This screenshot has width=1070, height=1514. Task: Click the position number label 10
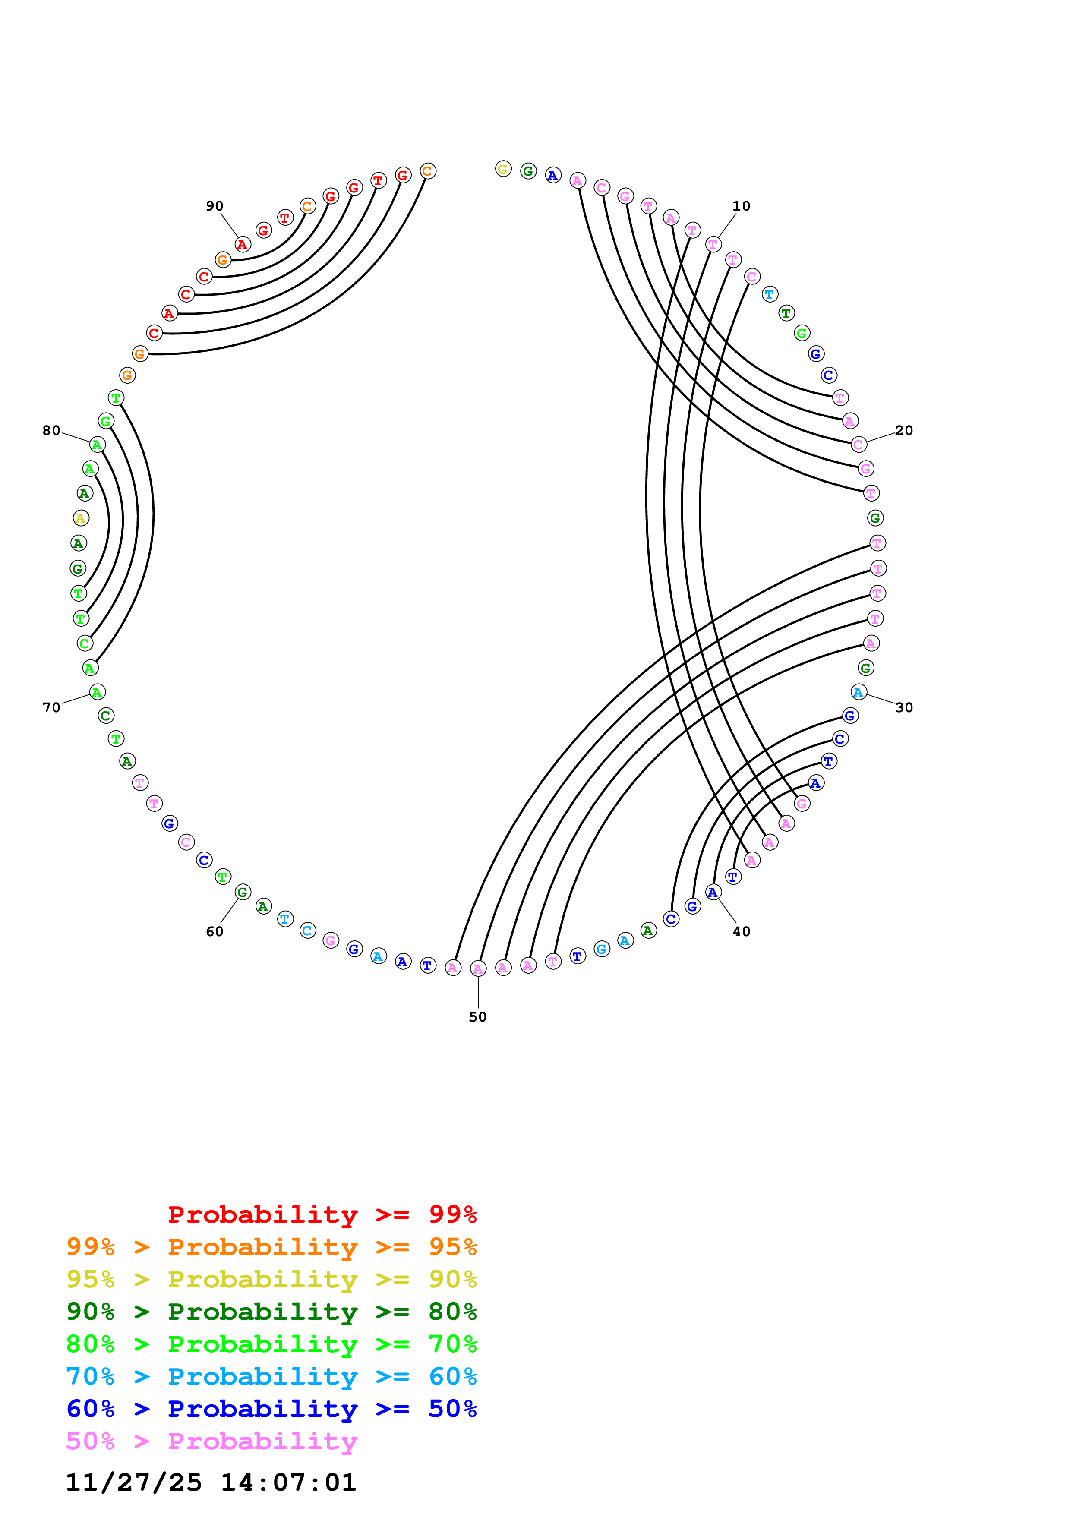[x=741, y=206]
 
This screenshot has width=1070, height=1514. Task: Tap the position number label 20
[x=904, y=431]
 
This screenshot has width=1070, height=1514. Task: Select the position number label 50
[x=478, y=1017]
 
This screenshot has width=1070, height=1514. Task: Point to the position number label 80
[x=51, y=431]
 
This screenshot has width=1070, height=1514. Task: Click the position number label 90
[x=214, y=206]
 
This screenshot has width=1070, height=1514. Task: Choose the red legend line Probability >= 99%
[x=322, y=1214]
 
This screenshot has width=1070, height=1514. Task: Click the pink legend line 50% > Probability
[x=211, y=1441]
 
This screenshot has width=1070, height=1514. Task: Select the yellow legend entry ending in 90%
[x=271, y=1279]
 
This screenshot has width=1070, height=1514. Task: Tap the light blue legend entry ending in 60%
[x=271, y=1377]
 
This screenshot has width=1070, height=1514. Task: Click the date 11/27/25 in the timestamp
[x=133, y=1483]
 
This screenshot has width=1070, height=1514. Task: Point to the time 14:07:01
[x=288, y=1483]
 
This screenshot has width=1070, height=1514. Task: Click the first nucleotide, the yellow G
[x=503, y=170]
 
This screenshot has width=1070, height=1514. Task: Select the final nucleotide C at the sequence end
[x=428, y=171]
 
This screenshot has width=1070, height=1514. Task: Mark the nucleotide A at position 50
[x=478, y=968]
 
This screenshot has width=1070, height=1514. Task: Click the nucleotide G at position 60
[x=243, y=892]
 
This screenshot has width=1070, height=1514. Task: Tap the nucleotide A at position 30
[x=858, y=692]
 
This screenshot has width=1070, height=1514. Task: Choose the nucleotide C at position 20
[x=858, y=445]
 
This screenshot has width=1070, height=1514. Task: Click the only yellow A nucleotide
[x=80, y=518]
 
